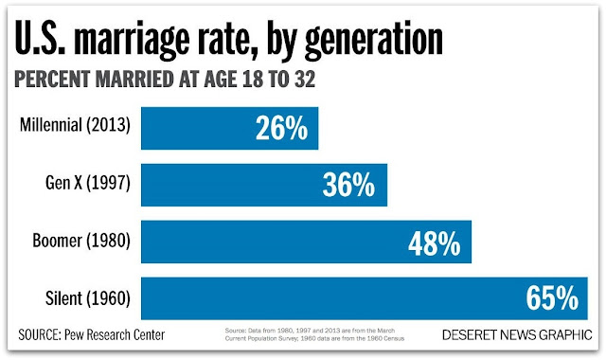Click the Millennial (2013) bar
[x=229, y=128]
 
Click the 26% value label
[x=281, y=128]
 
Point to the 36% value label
[x=348, y=184]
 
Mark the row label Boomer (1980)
[x=81, y=241]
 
